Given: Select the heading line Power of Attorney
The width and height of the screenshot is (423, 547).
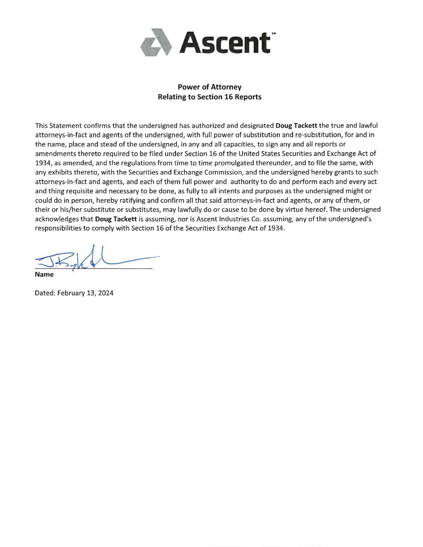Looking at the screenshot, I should click(x=209, y=87).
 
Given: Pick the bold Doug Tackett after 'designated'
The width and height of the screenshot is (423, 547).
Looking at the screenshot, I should click(x=296, y=125).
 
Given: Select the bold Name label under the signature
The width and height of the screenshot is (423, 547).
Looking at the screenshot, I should click(x=44, y=275).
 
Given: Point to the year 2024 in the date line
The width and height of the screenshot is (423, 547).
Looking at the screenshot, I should click(x=106, y=293).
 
